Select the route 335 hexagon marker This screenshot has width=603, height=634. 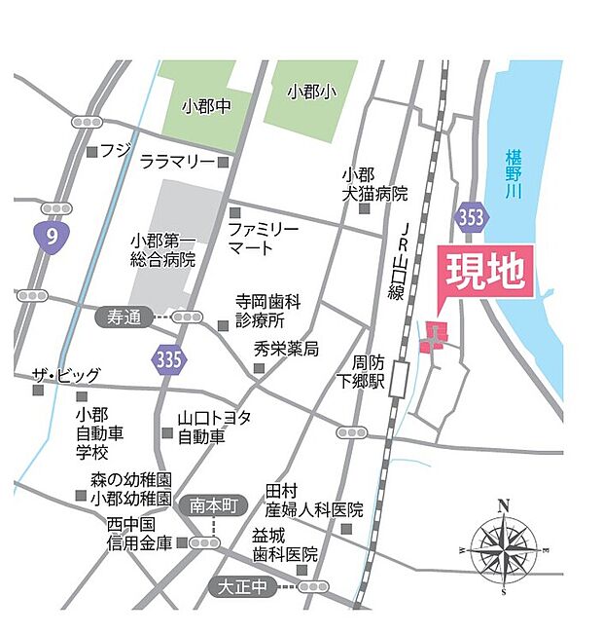pos(167,359)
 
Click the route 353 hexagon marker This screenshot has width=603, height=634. pos(471,218)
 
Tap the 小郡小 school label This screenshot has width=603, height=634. pos(310,92)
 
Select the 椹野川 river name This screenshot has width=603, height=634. pos(514,175)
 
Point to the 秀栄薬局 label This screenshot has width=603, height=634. pos(286,349)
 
